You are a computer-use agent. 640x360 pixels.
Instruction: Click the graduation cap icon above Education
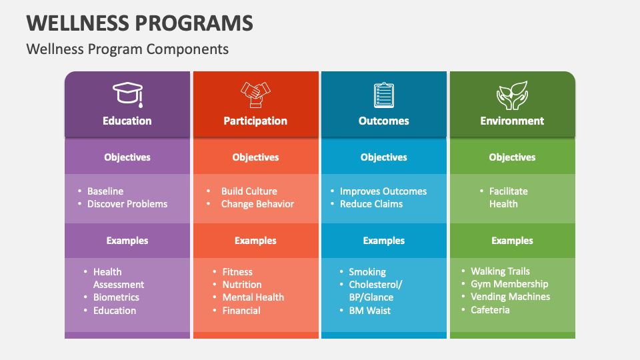127,94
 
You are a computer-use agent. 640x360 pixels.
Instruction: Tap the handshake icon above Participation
255,94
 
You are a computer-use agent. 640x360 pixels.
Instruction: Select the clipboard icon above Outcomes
384,94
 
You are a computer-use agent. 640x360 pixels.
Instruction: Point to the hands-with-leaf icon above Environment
512,95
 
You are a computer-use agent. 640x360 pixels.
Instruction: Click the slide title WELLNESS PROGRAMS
140,23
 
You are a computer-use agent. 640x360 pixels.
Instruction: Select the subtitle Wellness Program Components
127,49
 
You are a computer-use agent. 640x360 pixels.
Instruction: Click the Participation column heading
255,121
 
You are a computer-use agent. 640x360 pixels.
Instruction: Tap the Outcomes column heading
384,121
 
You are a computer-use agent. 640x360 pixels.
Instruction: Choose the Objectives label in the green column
512,157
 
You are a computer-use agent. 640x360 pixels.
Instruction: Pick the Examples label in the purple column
127,241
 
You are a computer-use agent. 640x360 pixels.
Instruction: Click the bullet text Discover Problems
127,204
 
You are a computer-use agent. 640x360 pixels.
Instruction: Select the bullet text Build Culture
249,191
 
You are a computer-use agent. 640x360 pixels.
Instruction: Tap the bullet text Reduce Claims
371,204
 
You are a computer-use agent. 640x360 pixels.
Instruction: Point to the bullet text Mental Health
253,297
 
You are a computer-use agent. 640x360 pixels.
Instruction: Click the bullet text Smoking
367,272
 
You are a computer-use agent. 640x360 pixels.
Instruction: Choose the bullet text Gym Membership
509,284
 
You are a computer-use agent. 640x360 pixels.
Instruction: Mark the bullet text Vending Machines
510,297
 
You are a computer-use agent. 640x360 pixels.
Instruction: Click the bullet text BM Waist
369,311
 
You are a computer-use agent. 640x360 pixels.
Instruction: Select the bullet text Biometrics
116,297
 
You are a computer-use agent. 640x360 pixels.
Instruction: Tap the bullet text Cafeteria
490,310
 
